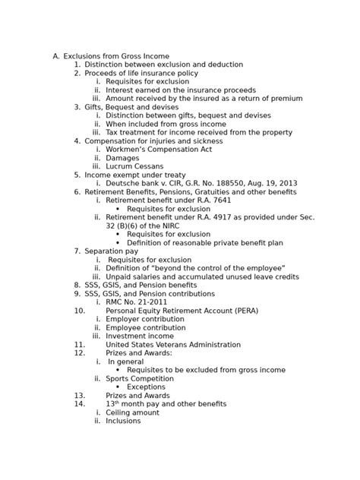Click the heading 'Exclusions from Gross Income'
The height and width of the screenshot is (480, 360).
point(116,56)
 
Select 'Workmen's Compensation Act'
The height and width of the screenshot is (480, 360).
point(159,150)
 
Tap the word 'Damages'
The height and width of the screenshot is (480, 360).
point(122,158)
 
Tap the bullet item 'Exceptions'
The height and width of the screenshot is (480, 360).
point(146,387)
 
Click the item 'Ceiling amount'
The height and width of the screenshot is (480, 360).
point(132,412)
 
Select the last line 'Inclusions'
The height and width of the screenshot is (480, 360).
point(123,421)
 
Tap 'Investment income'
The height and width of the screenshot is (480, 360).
point(140,336)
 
